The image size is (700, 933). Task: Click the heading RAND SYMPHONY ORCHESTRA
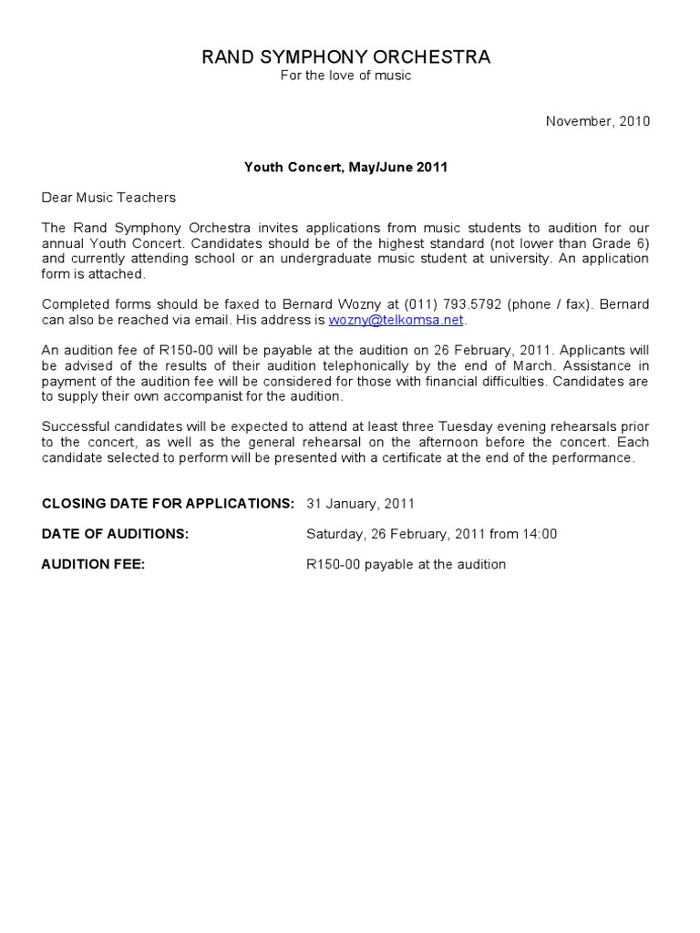coord(345,57)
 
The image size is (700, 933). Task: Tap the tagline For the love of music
coord(345,76)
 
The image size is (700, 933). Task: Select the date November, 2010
coord(597,121)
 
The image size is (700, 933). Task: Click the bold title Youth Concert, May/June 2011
coord(345,168)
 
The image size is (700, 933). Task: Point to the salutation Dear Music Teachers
coord(108,198)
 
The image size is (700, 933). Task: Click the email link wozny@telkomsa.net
coord(396,320)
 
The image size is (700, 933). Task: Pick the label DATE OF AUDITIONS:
coord(115,534)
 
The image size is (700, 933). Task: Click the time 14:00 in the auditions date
coord(540,534)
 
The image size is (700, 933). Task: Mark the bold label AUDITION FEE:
coord(93,564)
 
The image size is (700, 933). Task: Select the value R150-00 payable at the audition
coord(406,564)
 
